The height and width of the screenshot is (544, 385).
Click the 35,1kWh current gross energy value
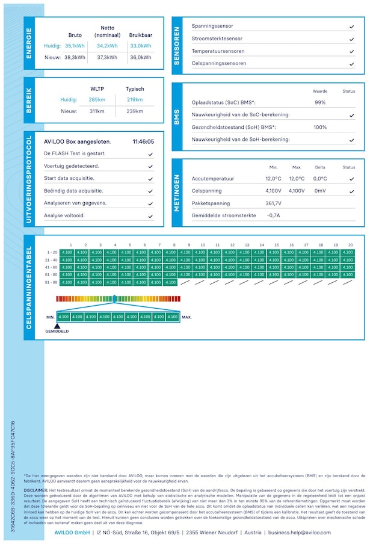point(75,46)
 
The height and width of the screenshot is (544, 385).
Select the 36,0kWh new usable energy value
point(140,58)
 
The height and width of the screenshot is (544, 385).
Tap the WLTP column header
point(97,89)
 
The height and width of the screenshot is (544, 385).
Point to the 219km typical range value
point(135,100)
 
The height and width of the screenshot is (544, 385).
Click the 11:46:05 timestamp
point(143,142)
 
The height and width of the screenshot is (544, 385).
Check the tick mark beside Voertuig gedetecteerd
point(150,166)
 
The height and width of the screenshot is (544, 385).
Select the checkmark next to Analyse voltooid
point(150,216)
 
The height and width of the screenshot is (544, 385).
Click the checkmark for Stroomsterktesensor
point(352,39)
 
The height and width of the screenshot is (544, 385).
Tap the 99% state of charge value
point(320,102)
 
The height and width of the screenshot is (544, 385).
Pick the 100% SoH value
point(320,127)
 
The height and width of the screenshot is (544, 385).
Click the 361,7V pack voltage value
point(273,203)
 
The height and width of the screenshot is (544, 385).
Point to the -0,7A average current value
point(273,215)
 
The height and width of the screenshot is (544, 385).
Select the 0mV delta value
point(320,191)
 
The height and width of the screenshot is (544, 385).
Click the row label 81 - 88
point(52,282)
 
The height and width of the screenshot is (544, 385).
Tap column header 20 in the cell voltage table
point(350,245)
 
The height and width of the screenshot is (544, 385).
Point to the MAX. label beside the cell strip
point(186,317)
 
